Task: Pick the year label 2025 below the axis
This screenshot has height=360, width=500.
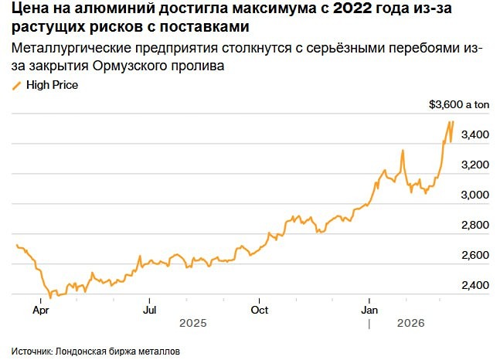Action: (193, 324)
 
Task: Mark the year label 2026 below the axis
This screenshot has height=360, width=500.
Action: (412, 324)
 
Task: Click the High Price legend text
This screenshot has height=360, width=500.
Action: (52, 86)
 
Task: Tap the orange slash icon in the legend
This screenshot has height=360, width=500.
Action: (17, 86)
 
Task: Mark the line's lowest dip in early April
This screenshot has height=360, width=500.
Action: (50, 297)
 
